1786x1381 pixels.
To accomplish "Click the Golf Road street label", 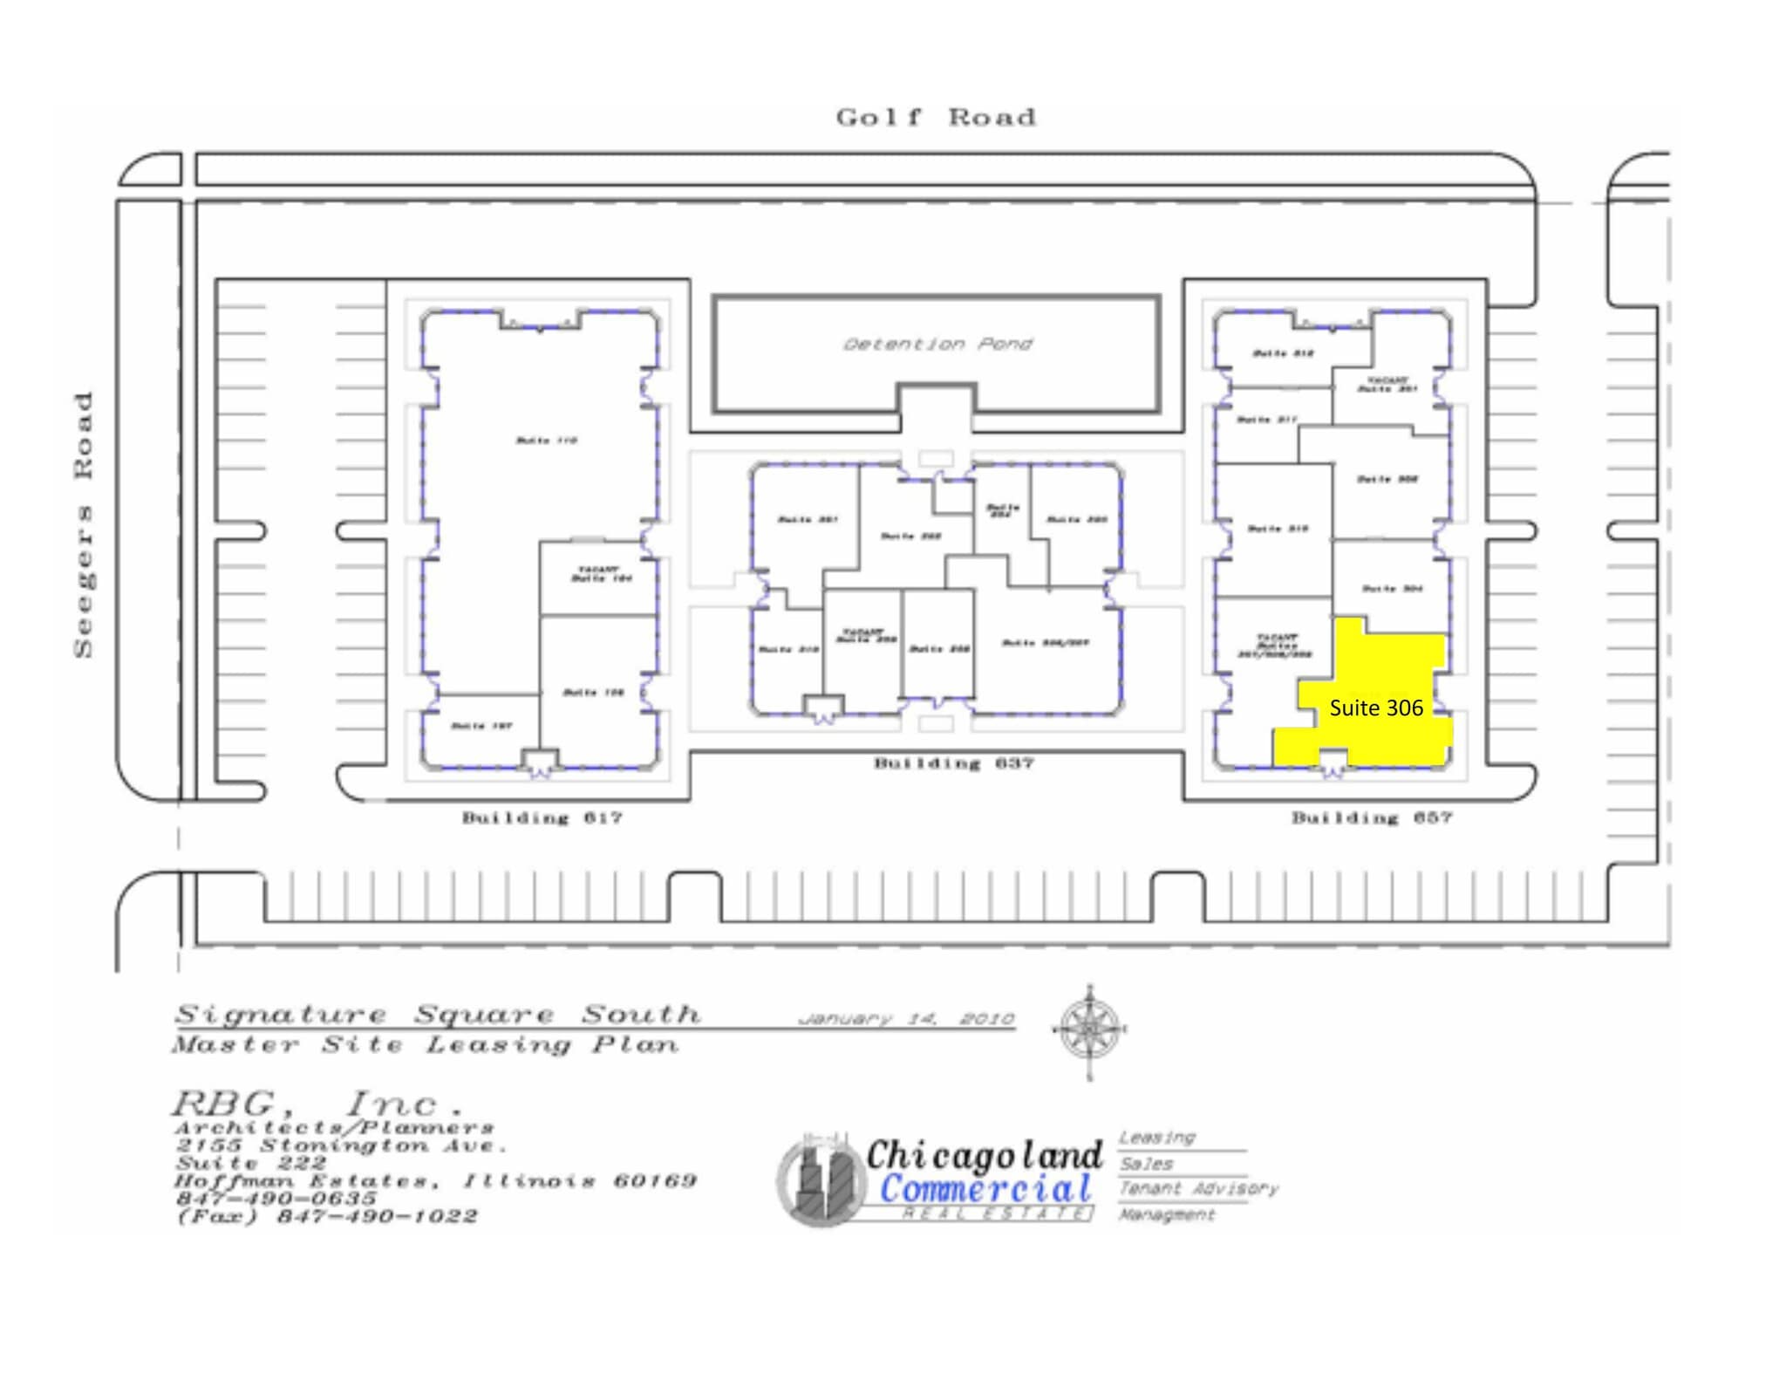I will pos(936,117).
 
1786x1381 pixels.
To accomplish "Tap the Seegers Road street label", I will pos(84,524).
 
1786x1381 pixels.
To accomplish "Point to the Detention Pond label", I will pos(937,344).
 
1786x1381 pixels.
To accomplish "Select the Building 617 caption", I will pos(542,817).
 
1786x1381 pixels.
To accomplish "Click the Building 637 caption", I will pos(953,763).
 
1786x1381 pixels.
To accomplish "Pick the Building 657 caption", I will pos(1371,817).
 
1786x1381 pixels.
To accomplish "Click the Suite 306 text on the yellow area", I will pos(1375,708).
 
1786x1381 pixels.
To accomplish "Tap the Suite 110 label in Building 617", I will pos(547,441).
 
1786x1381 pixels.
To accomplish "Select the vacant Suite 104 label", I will pos(601,575).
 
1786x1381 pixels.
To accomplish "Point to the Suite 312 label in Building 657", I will pos(1283,353).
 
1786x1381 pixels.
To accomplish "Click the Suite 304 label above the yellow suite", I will pos(1392,589).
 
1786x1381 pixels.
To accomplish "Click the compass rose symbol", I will pos(1089,1029).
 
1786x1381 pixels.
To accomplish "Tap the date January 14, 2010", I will pos(906,1018).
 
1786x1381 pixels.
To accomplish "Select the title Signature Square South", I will pos(438,1015).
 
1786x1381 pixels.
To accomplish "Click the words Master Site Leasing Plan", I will pos(425,1044).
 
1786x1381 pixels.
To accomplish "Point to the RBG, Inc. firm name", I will pos(316,1104).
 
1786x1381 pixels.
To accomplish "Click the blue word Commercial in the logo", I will pos(985,1188).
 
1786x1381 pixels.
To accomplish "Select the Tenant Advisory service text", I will pos(1197,1188).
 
